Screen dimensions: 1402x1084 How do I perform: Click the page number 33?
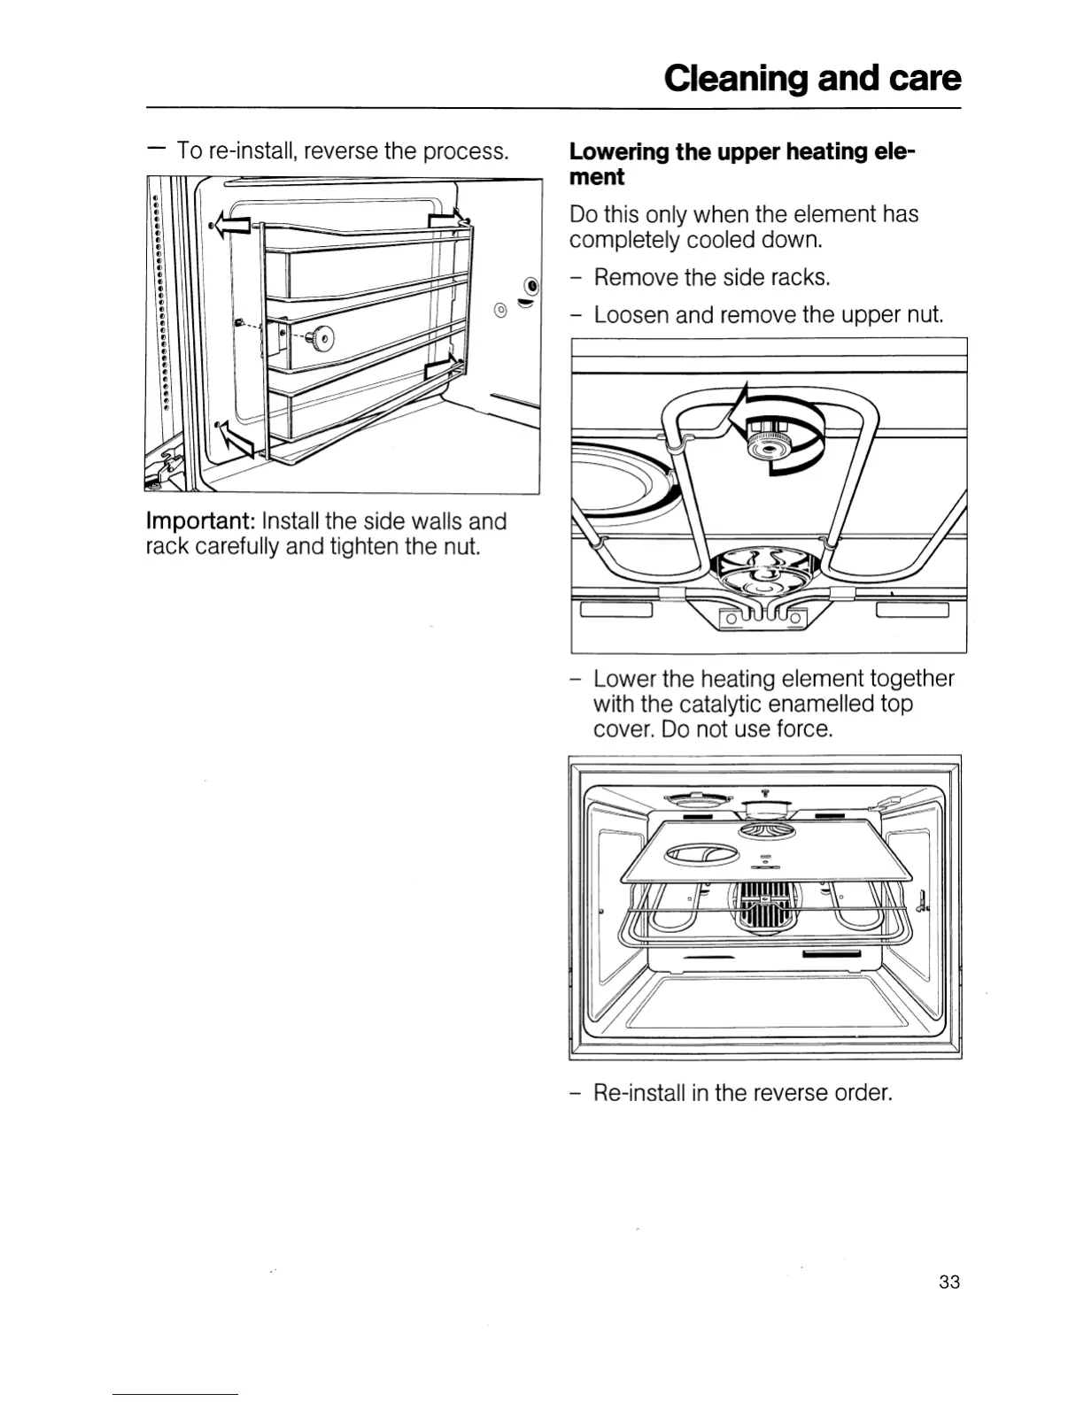pyautogui.click(x=948, y=1282)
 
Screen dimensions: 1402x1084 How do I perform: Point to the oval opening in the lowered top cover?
pyautogui.click(x=701, y=855)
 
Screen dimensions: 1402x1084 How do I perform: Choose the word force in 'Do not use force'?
pyautogui.click(x=805, y=729)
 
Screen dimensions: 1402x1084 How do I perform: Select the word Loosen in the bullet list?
pyautogui.click(x=631, y=315)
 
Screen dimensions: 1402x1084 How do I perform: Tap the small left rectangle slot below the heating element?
pyautogui.click(x=616, y=610)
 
